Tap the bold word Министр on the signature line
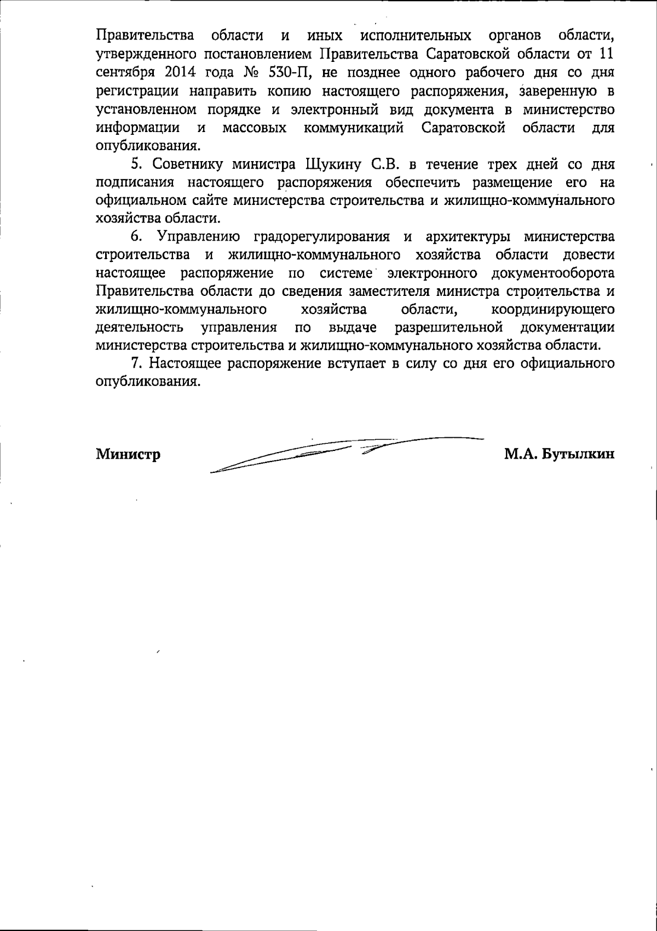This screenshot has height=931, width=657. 128,454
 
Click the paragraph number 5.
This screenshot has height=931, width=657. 135,164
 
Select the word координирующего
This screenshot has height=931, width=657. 553,310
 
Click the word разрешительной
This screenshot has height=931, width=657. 449,328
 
